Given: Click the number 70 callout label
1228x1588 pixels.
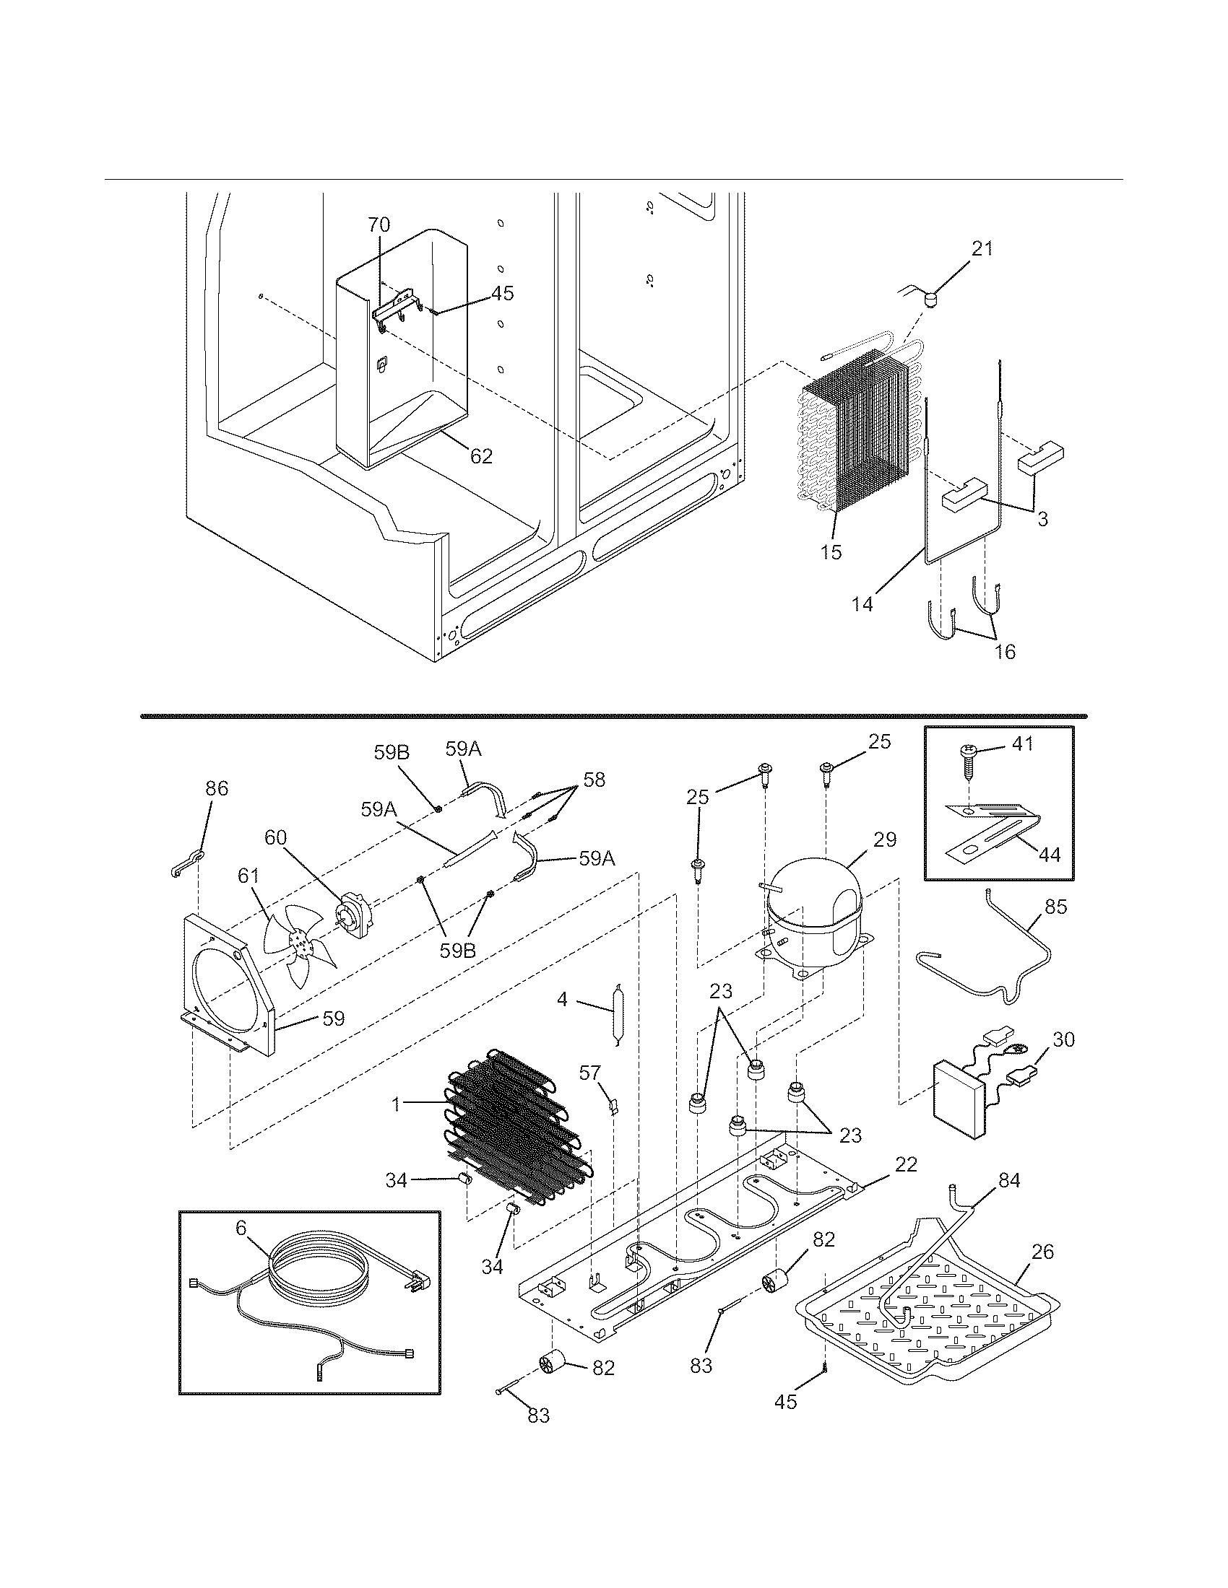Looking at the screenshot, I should click(379, 224).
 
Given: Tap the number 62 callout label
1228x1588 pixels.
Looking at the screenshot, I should click(481, 457).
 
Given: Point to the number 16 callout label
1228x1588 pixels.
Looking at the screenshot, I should click(1005, 652).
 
